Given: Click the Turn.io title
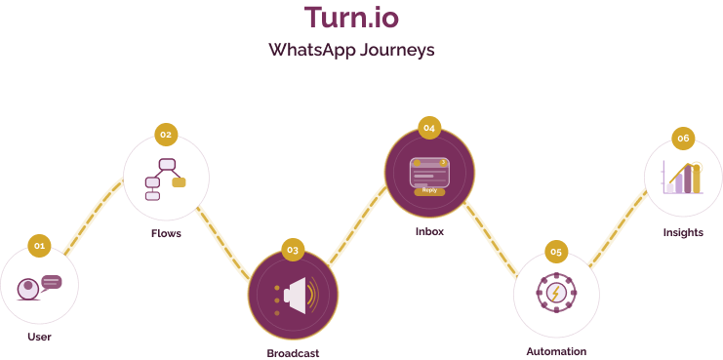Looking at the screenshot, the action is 350,17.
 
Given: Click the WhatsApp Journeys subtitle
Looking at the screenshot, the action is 351,49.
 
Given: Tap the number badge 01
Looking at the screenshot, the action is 39,246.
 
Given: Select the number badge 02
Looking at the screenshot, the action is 166,134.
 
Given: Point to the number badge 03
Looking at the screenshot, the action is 293,250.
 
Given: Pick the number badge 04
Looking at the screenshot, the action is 429,127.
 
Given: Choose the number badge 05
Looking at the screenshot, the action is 556,252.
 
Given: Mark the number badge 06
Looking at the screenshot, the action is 683,139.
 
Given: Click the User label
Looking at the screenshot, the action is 39,337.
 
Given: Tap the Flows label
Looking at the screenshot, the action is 166,234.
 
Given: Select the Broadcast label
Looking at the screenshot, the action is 293,353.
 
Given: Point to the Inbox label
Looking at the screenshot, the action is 429,231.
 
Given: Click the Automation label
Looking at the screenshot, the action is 556,351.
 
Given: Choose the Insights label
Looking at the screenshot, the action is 683,232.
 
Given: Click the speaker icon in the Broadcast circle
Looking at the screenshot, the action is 296,295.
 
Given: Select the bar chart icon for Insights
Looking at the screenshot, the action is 683,179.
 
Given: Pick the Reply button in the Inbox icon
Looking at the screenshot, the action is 429,191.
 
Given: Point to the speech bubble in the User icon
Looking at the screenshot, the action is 52,282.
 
